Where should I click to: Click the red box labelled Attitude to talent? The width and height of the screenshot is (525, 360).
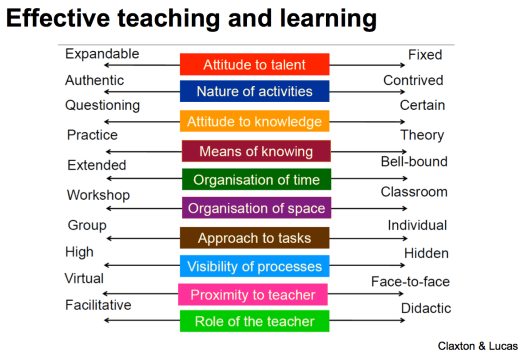pyautogui.click(x=254, y=64)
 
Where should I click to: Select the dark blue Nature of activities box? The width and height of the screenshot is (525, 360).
pyautogui.click(x=254, y=92)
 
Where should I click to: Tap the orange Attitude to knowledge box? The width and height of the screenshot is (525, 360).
pyautogui.click(x=254, y=122)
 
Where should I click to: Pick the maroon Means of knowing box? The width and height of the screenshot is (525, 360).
pyautogui.click(x=255, y=151)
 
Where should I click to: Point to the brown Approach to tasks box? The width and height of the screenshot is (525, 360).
pyautogui.click(x=254, y=238)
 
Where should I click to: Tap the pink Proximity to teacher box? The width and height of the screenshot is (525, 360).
pyautogui.click(x=256, y=294)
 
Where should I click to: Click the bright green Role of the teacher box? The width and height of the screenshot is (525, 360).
pyautogui.click(x=256, y=321)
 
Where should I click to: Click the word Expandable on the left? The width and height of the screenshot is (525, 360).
pyautogui.click(x=102, y=54)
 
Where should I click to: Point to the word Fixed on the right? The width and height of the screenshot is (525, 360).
pyautogui.click(x=425, y=54)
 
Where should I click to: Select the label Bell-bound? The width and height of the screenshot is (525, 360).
pyautogui.click(x=414, y=162)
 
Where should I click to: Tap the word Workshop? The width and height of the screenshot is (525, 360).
pyautogui.click(x=98, y=195)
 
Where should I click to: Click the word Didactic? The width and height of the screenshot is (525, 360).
pyautogui.click(x=426, y=309)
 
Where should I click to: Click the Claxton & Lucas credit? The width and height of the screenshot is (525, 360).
pyautogui.click(x=478, y=345)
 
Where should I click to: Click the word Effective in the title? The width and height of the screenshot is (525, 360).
pyautogui.click(x=64, y=19)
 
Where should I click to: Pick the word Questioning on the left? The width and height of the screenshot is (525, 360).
pyautogui.click(x=103, y=105)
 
